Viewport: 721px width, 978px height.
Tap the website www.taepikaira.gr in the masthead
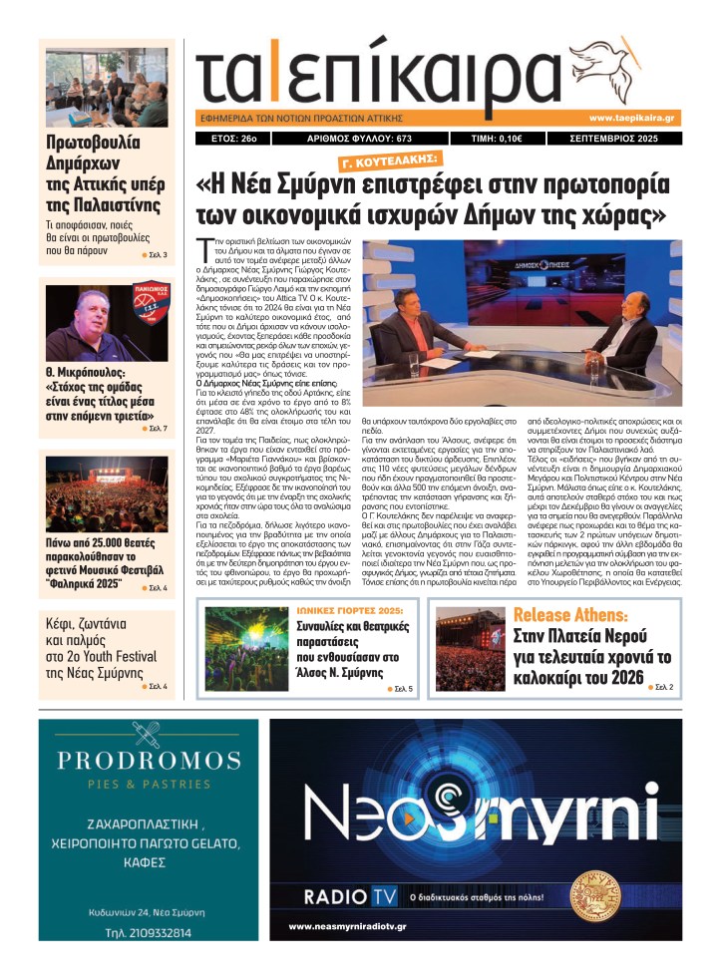click(634, 118)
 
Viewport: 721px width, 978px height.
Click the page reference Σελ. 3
click(157, 256)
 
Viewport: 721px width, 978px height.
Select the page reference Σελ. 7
click(157, 429)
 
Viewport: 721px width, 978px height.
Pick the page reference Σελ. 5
click(404, 689)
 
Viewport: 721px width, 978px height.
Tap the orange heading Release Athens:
click(570, 614)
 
